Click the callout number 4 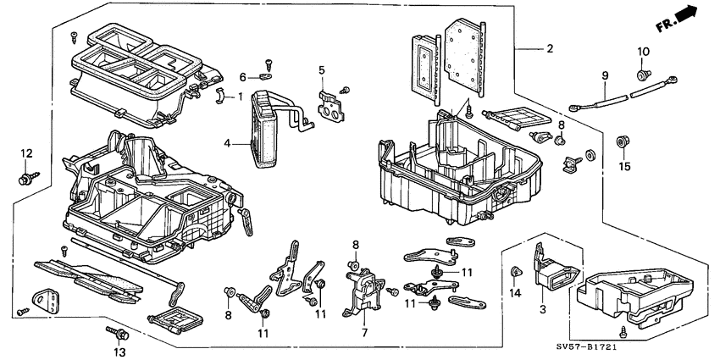pos(227,145)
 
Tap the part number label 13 pos(118,352)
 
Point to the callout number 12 pos(26,153)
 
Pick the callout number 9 pos(606,76)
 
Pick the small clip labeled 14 pos(515,272)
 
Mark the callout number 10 pos(642,53)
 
